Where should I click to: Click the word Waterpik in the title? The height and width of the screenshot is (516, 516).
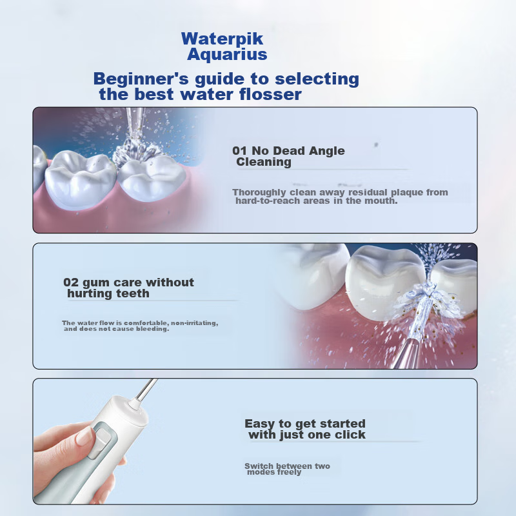[222, 39]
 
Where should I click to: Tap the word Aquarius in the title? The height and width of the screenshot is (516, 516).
[227, 54]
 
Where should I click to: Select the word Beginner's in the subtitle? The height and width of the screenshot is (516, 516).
[141, 79]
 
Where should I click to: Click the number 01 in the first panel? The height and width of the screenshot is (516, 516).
[239, 151]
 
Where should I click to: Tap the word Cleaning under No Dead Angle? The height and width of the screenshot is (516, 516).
[264, 162]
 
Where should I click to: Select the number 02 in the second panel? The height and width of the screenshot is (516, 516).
[71, 283]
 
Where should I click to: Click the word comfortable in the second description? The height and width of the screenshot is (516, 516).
[147, 323]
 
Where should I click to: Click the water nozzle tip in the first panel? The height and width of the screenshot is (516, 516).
[135, 122]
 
